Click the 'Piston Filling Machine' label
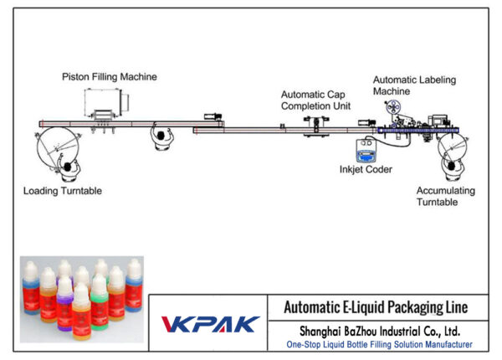pyautogui.click(x=109, y=77)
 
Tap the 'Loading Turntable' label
pyautogui.click(x=64, y=191)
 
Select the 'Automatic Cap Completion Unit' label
pyautogui.click(x=315, y=100)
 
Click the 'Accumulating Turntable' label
pyautogui.click(x=446, y=196)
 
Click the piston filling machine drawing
pyautogui.click(x=107, y=105)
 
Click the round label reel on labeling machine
pyautogui.click(x=390, y=108)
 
